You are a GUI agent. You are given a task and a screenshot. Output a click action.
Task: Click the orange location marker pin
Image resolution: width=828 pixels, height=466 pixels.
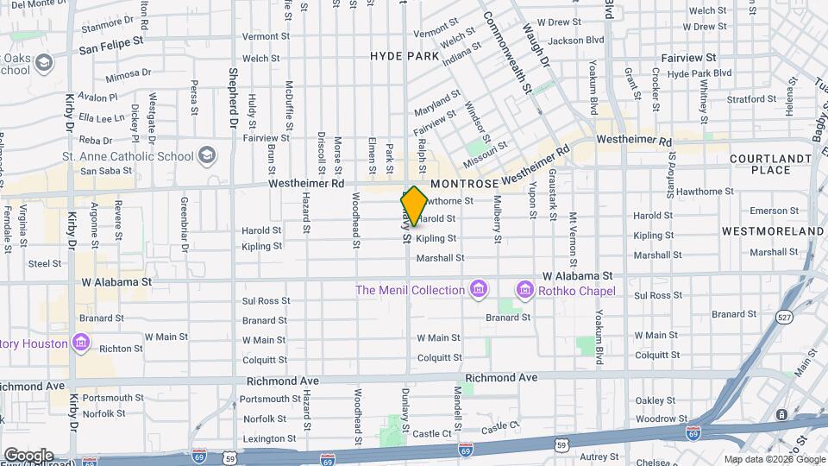pos(414,207)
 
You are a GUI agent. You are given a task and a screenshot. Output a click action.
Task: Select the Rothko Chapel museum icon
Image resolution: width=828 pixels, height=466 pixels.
pos(524,290)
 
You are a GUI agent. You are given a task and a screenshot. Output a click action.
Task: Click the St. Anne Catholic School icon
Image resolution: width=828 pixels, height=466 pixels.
pos(207,155)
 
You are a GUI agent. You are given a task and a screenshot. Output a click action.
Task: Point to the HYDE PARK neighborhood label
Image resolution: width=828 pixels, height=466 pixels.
pos(405,56)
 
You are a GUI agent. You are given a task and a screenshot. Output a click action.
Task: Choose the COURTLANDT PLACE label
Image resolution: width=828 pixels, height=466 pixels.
pos(770,166)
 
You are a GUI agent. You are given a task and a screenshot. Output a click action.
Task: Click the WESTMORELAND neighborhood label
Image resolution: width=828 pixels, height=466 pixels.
pos(773,231)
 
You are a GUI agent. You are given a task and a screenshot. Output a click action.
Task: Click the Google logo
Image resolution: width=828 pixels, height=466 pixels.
pos(28,455)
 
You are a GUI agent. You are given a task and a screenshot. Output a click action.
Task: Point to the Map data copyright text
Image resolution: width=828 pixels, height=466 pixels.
pos(774,459)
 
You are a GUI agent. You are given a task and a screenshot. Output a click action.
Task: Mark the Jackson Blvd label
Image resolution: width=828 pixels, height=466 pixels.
pos(575,40)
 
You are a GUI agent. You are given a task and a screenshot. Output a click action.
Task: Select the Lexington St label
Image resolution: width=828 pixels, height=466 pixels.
pos(263,439)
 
